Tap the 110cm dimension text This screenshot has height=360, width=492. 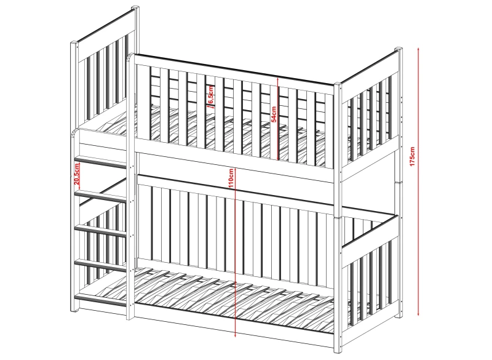click(x=231, y=178)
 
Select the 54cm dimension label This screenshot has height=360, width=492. click(x=274, y=114)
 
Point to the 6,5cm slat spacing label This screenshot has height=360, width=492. click(x=211, y=95)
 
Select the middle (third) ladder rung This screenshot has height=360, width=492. click(x=101, y=230)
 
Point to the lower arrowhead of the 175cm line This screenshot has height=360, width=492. click(x=418, y=314)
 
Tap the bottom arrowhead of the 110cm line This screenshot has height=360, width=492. click(x=236, y=335)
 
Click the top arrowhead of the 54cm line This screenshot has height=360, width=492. click(x=278, y=79)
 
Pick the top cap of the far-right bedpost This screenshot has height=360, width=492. click(x=399, y=49)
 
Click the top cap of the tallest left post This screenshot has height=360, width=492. click(x=135, y=7)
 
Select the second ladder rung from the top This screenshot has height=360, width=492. click(x=101, y=196)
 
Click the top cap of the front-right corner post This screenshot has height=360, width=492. click(x=338, y=85)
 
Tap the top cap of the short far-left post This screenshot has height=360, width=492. click(x=74, y=43)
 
